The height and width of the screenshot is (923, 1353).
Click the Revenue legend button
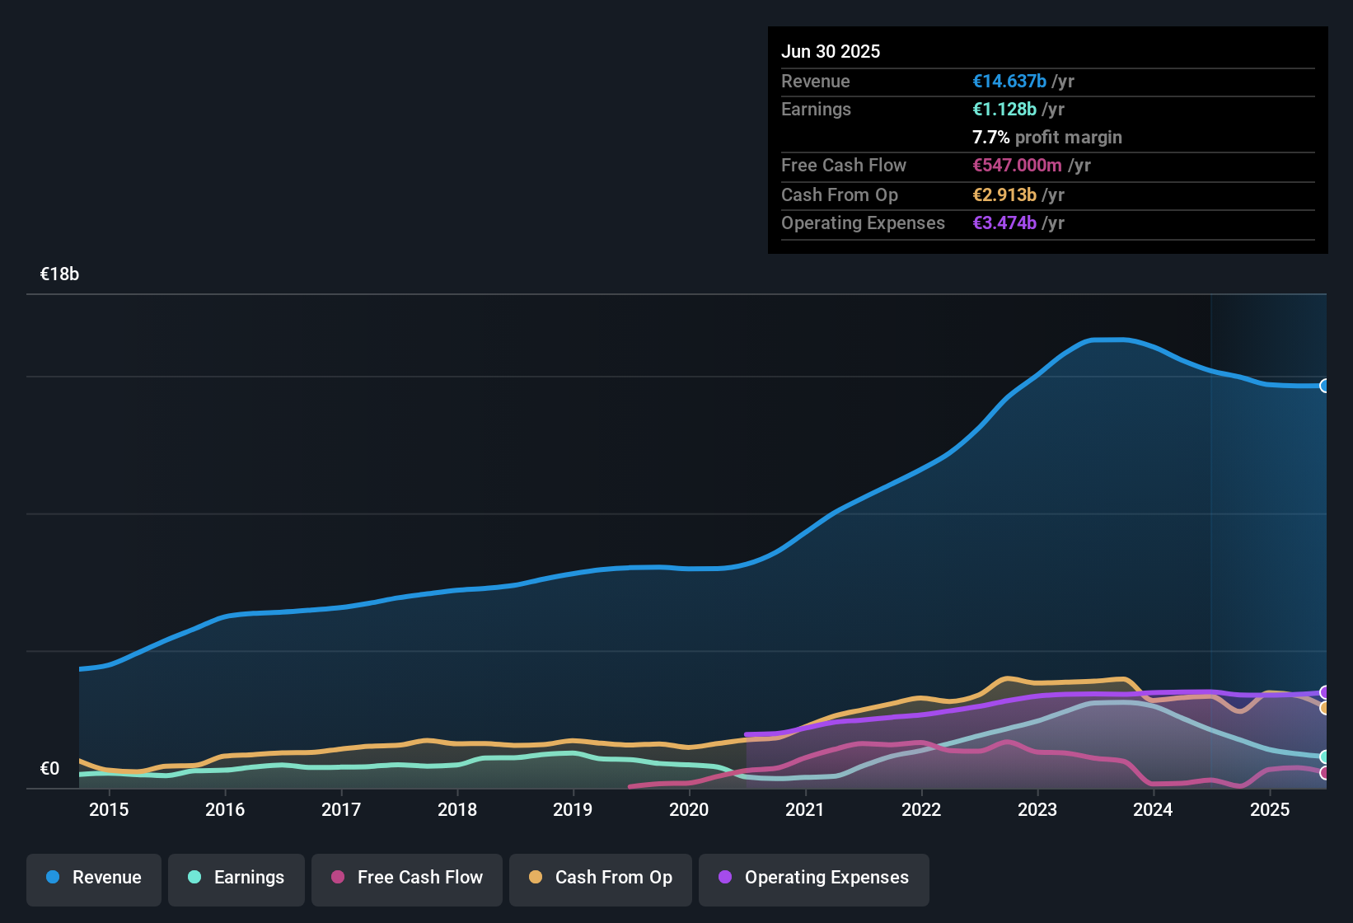click(94, 878)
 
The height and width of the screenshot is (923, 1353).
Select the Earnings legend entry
click(236, 878)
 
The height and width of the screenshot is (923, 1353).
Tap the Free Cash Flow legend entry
click(407, 878)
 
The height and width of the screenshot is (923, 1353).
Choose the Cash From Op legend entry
click(601, 878)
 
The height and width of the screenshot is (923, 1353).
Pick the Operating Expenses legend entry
click(814, 878)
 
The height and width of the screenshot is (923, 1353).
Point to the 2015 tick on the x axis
click(109, 809)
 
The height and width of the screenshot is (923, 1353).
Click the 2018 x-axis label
click(457, 809)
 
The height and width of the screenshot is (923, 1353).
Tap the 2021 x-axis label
click(805, 809)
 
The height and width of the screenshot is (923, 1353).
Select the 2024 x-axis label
click(1153, 809)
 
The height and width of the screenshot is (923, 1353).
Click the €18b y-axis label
click(59, 274)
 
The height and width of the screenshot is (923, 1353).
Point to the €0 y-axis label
click(50, 769)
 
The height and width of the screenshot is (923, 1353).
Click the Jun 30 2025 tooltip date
click(831, 52)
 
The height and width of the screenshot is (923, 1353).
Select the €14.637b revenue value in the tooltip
click(1009, 82)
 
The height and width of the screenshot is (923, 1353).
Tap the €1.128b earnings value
click(1004, 110)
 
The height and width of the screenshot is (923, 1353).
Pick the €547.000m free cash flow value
click(1017, 166)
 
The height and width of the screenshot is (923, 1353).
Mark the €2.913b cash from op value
click(1004, 195)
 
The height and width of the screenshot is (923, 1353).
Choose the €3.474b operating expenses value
click(1004, 223)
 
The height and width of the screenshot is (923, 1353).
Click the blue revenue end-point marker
click(1325, 386)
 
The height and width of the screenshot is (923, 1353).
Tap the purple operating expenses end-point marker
click(1325, 692)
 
